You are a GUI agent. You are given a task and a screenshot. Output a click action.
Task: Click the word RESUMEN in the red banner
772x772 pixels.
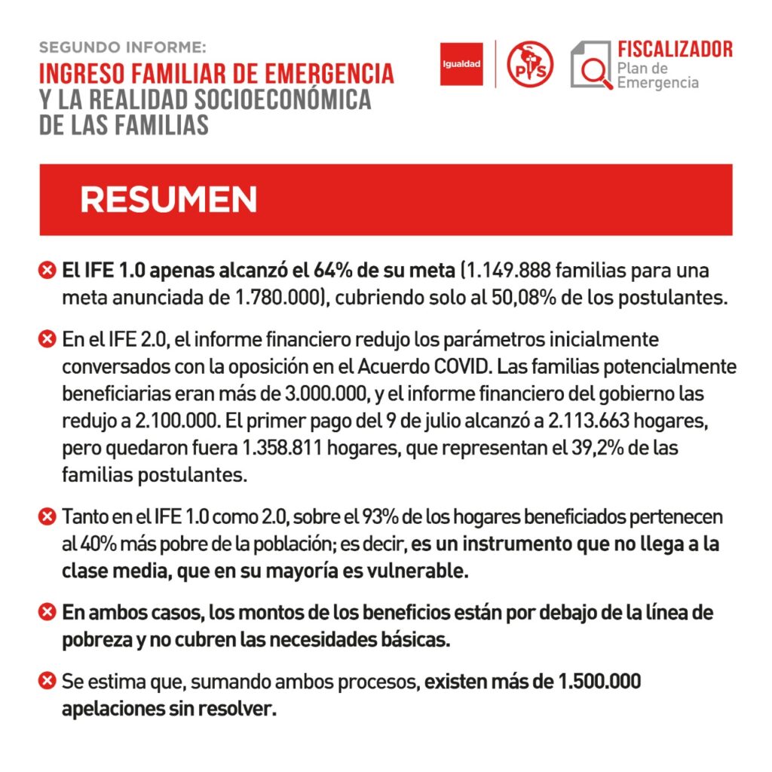(168, 200)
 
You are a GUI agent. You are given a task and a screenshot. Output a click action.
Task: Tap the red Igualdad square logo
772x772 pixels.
(461, 63)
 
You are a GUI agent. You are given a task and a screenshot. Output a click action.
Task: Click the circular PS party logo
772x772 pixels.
(530, 64)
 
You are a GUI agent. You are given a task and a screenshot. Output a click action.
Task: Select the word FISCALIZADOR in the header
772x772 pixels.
(675, 50)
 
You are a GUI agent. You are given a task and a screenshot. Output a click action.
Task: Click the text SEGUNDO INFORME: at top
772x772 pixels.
(122, 47)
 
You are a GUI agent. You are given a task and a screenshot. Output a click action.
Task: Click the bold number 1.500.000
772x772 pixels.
(599, 682)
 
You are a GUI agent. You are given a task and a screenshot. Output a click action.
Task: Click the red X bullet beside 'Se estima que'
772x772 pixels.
(47, 682)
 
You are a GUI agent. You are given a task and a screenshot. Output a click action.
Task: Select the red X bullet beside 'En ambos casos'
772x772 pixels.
(47, 612)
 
